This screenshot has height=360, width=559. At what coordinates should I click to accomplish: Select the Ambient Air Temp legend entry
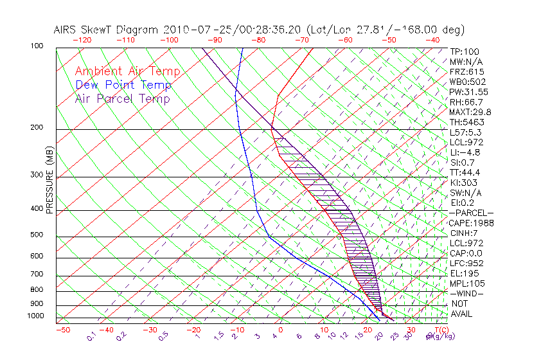127,71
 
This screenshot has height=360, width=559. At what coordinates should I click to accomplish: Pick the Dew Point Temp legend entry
123,85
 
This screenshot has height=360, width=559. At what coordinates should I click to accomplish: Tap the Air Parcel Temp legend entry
122,98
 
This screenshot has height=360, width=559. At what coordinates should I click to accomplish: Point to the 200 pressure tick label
37,128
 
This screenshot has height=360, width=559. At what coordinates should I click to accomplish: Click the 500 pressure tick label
37,235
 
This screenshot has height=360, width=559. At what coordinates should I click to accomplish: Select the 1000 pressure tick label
35,316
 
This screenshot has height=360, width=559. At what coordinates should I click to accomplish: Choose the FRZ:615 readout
467,71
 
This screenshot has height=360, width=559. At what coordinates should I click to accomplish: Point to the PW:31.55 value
469,92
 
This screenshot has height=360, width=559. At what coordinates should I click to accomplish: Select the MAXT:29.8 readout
471,112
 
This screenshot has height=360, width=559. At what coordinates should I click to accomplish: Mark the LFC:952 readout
466,264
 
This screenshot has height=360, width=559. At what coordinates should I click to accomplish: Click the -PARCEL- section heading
472,213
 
